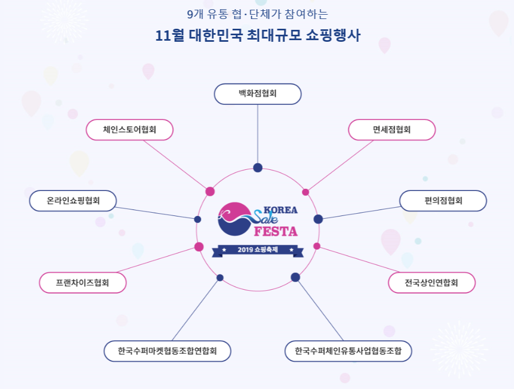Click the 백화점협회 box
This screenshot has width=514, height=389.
[x=257, y=94]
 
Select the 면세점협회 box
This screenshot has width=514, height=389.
[x=391, y=130]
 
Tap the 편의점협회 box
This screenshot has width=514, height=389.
[x=443, y=201]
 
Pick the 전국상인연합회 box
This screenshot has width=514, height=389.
[x=431, y=283]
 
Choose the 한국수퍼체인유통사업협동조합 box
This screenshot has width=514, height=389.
[x=348, y=351]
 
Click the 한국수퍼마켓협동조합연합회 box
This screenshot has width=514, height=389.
[x=167, y=351]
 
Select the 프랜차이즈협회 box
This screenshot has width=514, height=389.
[x=83, y=283]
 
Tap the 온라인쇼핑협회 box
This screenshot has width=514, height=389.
[x=73, y=201]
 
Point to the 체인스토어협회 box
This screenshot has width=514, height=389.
[x=129, y=130]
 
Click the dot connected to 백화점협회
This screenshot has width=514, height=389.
[x=258, y=168]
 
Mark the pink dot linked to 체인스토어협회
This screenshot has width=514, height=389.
[x=210, y=191]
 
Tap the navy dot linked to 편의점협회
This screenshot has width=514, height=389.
[x=318, y=219]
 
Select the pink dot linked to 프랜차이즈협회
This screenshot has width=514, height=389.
[x=199, y=247]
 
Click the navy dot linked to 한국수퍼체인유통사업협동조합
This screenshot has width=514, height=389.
[x=295, y=277]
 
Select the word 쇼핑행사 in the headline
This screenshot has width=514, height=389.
[x=331, y=36]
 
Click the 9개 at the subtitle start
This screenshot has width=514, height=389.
[x=194, y=13]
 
